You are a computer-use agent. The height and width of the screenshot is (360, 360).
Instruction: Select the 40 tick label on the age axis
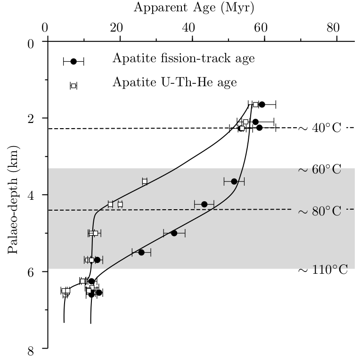(191, 27)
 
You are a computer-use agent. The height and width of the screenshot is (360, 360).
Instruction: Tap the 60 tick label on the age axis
(263, 27)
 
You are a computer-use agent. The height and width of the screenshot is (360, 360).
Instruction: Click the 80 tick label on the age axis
(336, 27)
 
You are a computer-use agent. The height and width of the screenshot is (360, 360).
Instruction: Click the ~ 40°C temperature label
(319, 128)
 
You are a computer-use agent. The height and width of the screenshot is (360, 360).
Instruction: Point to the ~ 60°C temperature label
(319, 170)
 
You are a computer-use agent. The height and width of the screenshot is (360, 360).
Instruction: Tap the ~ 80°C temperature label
(319, 211)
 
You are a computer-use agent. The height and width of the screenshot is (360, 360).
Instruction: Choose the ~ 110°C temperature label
(323, 270)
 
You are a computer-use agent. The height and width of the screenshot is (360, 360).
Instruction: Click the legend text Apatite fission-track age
(183, 58)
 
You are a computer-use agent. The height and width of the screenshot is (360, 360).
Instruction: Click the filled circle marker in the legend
(74, 61)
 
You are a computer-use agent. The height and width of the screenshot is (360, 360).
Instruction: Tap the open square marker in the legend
(74, 86)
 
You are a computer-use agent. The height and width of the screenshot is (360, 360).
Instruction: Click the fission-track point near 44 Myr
(204, 204)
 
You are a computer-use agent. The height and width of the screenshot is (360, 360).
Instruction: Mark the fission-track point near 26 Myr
(141, 252)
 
